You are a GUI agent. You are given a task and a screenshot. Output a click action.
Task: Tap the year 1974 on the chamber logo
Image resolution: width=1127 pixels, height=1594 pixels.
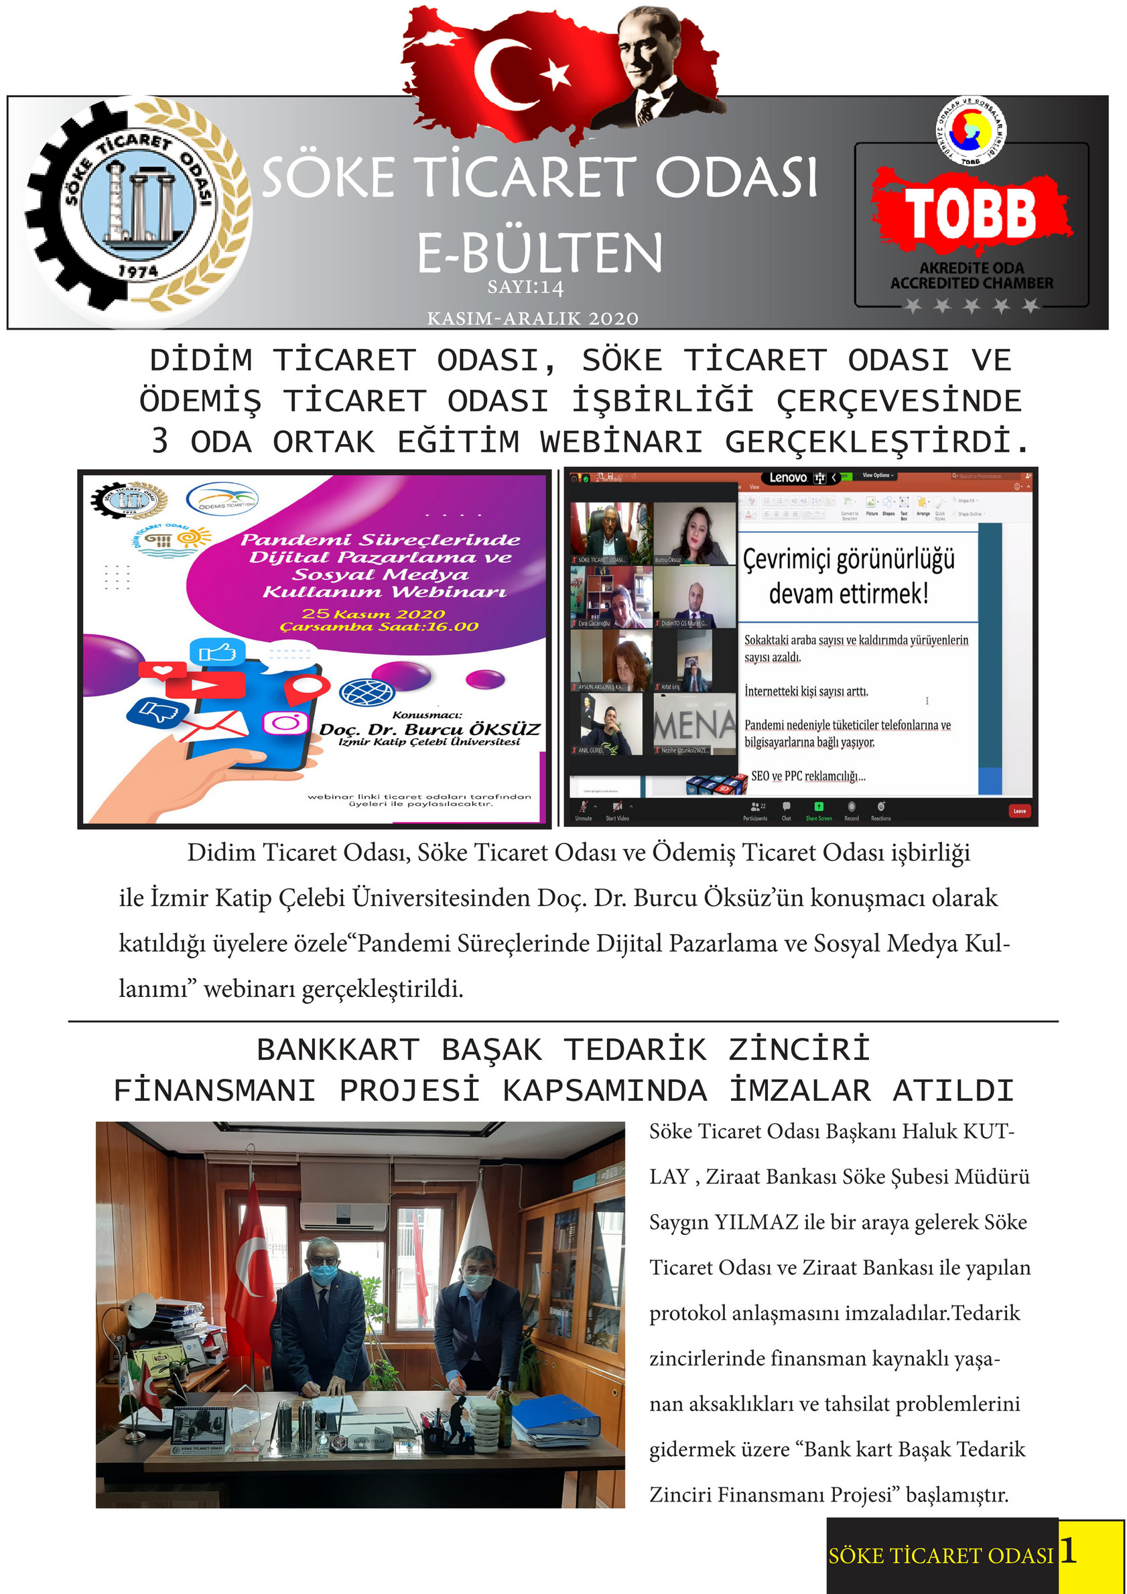[137, 270]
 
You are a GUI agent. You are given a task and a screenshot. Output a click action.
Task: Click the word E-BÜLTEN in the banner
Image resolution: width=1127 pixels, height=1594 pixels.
[539, 253]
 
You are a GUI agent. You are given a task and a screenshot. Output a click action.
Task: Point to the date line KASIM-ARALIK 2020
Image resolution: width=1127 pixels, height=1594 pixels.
[533, 319]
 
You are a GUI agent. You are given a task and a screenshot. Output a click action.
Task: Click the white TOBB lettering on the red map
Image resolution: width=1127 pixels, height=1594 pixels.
[970, 213]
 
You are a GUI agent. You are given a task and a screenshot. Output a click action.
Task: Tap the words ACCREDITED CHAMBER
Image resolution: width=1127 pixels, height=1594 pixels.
[972, 283]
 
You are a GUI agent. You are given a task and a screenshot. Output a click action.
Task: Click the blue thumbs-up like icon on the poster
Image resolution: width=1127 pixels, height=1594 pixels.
[216, 653]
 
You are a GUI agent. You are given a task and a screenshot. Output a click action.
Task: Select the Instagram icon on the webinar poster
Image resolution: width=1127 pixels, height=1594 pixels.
[285, 723]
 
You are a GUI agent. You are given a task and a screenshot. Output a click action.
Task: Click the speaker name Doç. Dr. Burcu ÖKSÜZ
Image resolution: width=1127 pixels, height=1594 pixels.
[429, 730]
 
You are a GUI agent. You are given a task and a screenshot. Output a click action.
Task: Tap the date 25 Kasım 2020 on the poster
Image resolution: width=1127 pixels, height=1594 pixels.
[374, 614]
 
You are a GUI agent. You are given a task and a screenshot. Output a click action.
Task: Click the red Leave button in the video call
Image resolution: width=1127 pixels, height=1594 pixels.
[1018, 810]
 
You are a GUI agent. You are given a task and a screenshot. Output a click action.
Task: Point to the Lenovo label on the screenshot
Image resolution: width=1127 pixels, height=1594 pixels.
[788, 478]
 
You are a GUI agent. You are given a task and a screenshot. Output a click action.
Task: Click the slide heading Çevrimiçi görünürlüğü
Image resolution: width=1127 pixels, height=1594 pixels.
[848, 559]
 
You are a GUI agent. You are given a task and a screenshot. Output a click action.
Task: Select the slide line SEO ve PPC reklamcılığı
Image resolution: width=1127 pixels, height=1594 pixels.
[808, 776]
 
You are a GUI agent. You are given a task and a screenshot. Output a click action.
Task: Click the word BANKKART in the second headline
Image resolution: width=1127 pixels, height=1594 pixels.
[338, 1050]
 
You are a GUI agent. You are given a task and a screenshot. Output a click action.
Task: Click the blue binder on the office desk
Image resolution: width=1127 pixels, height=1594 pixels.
[555, 1414]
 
